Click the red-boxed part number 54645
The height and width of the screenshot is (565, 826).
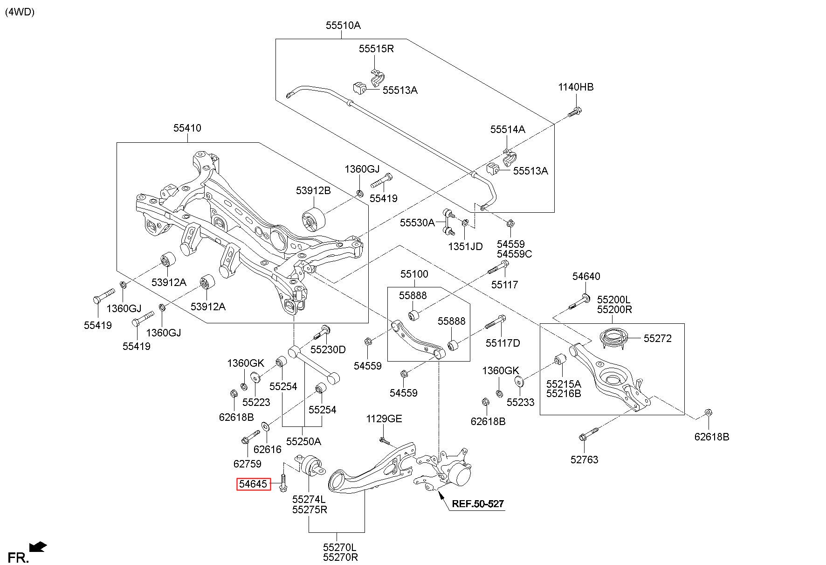click(x=254, y=484)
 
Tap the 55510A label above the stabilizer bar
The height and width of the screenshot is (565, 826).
click(x=343, y=26)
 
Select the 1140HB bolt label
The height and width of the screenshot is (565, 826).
click(x=576, y=87)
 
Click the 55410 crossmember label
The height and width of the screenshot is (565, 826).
click(x=187, y=128)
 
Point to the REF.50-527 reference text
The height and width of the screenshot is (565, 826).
click(x=478, y=504)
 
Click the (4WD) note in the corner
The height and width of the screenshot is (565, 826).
click(x=20, y=13)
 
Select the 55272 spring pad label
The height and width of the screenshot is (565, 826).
click(x=658, y=339)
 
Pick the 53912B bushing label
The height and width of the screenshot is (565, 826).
click(x=313, y=191)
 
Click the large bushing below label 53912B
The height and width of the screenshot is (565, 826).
click(x=313, y=219)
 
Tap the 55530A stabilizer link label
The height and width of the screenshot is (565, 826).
click(x=417, y=223)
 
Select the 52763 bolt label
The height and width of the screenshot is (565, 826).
click(x=584, y=460)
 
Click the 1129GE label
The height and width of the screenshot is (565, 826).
click(x=384, y=419)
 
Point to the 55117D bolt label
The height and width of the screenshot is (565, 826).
click(x=502, y=343)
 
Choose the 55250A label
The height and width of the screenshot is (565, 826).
click(x=303, y=441)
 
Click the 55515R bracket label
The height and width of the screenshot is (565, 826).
click(x=376, y=49)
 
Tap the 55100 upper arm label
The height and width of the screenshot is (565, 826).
click(x=414, y=274)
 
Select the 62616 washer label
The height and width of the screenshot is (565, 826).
click(x=268, y=450)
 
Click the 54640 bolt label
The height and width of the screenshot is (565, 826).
click(x=586, y=277)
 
